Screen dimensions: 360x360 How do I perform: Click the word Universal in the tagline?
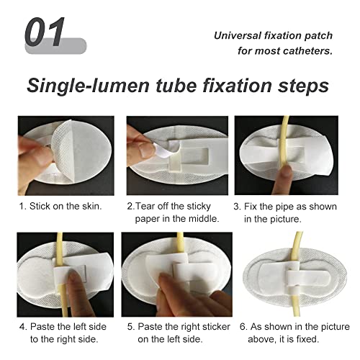(x=238, y=35)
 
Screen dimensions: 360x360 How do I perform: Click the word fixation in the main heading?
(x=238, y=86)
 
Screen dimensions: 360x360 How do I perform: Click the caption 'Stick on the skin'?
(x=60, y=206)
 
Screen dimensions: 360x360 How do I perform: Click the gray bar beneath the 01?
(x=54, y=48)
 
